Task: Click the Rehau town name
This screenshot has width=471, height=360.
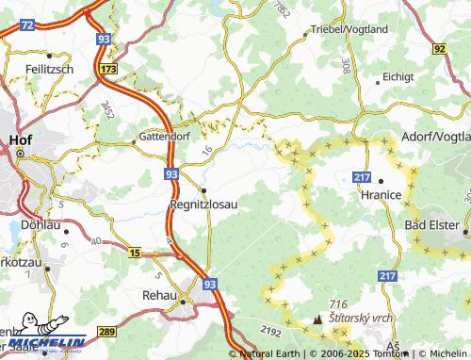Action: [159, 296]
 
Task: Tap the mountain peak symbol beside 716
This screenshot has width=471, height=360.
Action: [317, 320]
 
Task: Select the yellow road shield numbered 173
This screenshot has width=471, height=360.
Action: [110, 70]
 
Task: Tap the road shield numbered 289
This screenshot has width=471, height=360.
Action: [106, 331]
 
